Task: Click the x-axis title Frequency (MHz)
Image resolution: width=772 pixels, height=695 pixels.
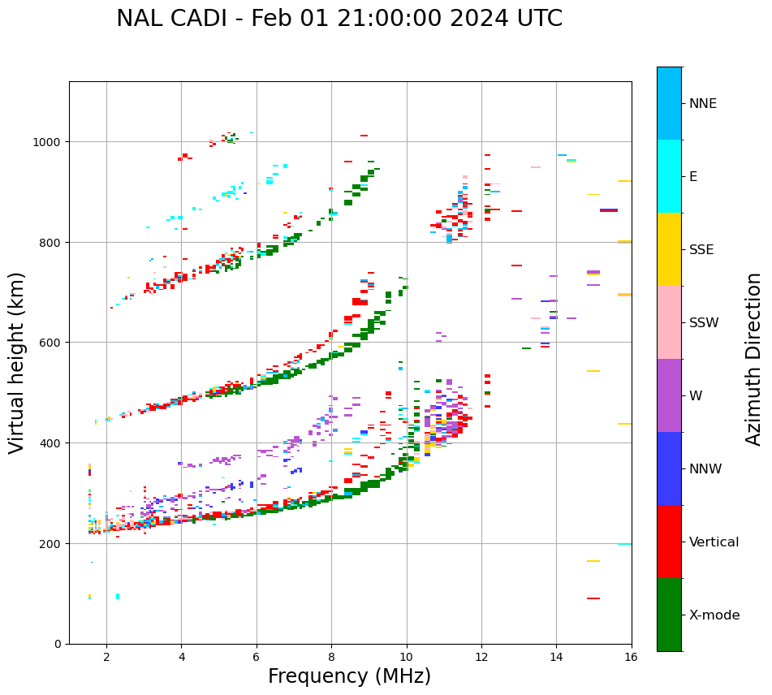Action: (x=349, y=676)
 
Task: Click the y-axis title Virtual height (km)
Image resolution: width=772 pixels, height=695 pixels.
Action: (x=17, y=362)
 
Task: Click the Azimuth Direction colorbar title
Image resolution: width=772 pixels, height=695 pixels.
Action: (x=754, y=359)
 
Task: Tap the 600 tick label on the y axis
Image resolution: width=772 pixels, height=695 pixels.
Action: (x=51, y=343)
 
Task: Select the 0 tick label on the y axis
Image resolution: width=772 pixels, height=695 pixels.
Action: (x=58, y=644)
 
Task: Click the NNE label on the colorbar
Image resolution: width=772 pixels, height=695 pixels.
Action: (x=703, y=104)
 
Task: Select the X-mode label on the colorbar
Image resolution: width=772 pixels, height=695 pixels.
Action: (x=714, y=615)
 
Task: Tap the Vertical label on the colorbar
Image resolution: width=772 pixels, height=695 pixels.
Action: (x=714, y=542)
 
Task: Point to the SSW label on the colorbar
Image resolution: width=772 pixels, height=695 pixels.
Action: (x=704, y=323)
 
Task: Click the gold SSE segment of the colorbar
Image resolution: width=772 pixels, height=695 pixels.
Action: (x=669, y=249)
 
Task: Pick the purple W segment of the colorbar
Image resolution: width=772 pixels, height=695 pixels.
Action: (x=669, y=395)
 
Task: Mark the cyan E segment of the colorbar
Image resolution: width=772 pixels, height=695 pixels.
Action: (x=669, y=176)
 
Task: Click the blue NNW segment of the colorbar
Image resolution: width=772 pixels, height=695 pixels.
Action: (x=669, y=468)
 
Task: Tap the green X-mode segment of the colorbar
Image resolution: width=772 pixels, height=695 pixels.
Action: (x=669, y=615)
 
